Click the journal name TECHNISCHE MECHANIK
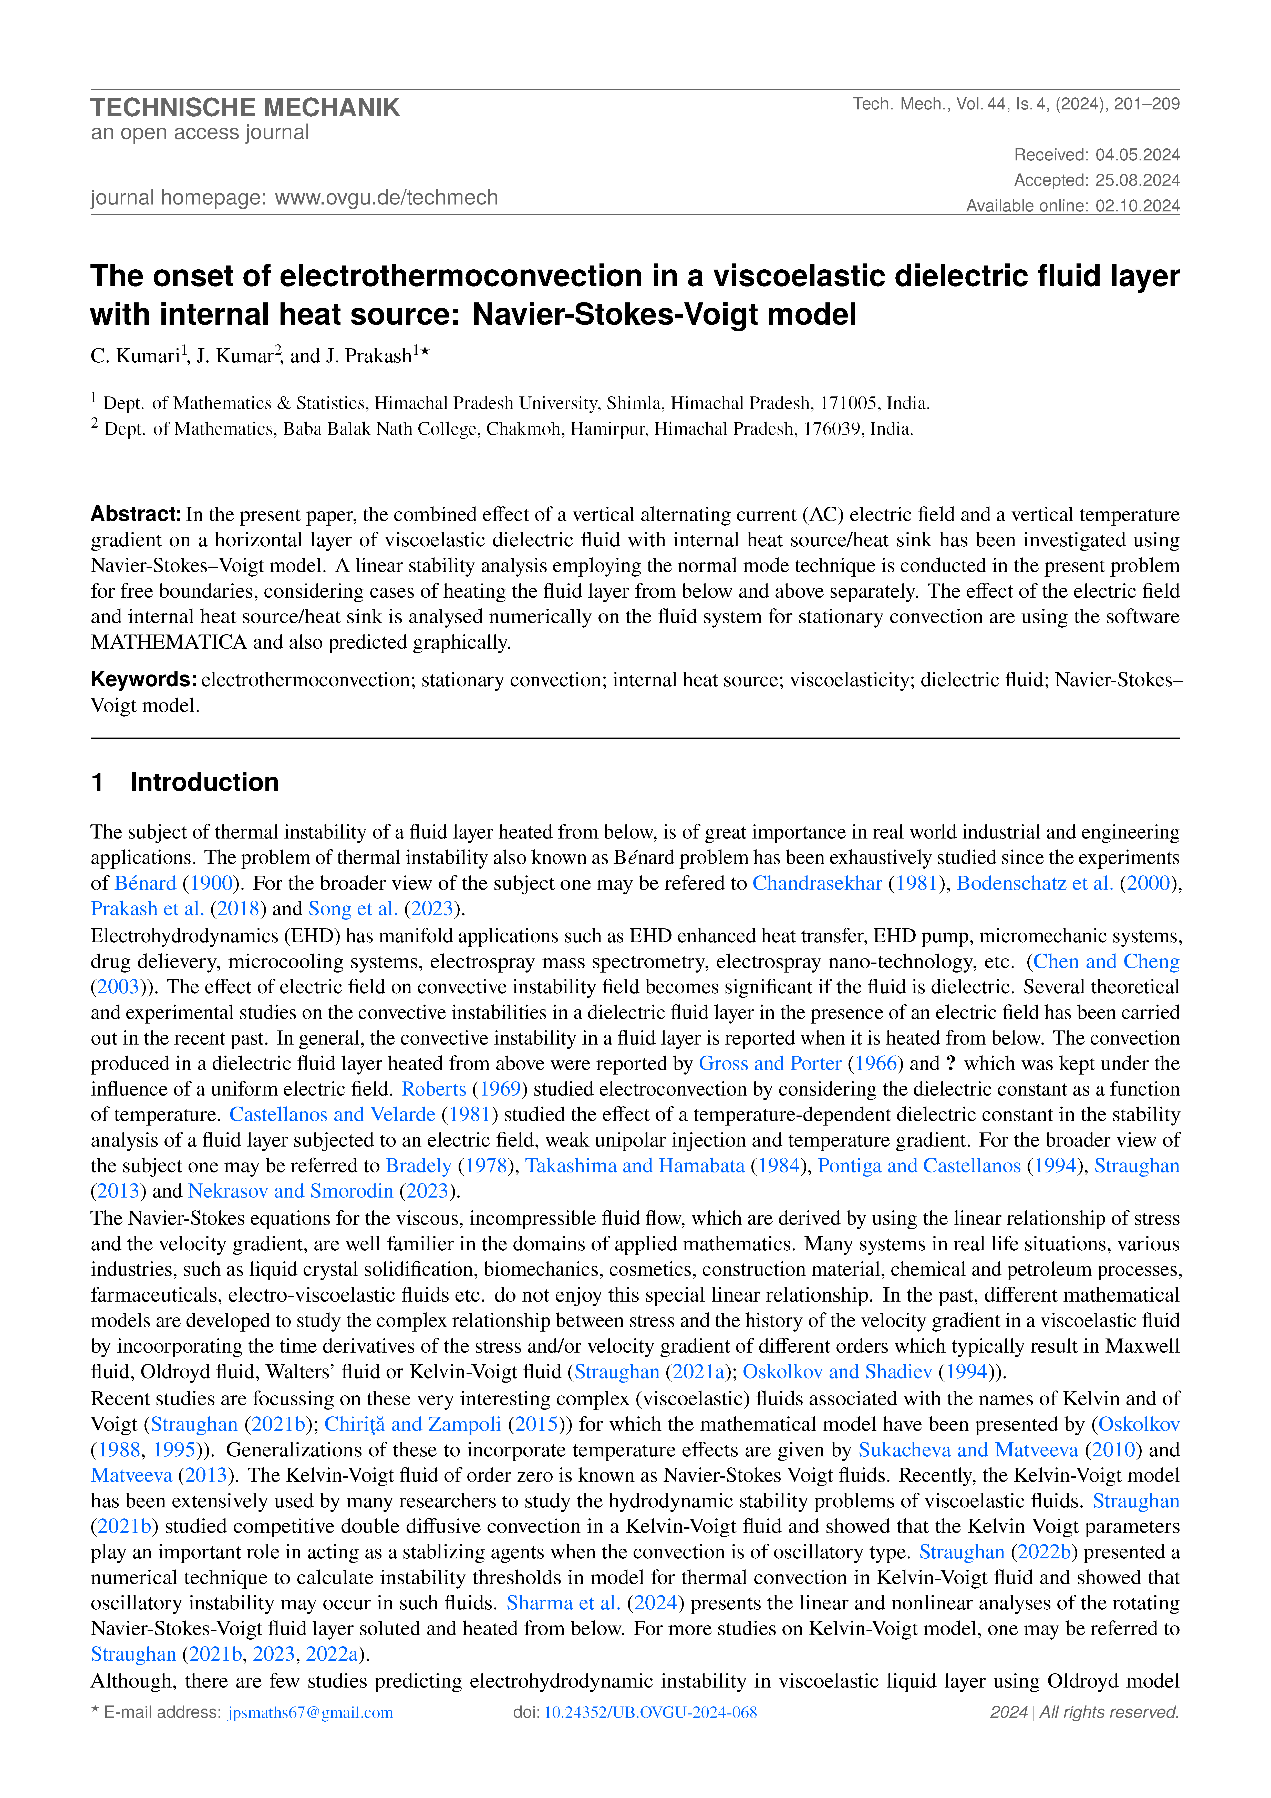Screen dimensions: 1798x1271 [x=245, y=107]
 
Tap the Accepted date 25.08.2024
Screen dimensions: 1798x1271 [x=1137, y=180]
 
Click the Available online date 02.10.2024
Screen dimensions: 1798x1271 [x=1137, y=206]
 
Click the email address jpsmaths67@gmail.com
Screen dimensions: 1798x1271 [x=310, y=1712]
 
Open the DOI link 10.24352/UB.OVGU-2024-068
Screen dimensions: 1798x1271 [x=650, y=1712]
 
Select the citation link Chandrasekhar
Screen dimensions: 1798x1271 [x=817, y=883]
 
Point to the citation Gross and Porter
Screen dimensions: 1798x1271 [x=770, y=1064]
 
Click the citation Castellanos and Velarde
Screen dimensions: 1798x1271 [x=332, y=1114]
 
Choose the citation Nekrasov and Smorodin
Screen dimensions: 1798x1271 [x=291, y=1191]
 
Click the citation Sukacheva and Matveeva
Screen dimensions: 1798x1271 [x=968, y=1449]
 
